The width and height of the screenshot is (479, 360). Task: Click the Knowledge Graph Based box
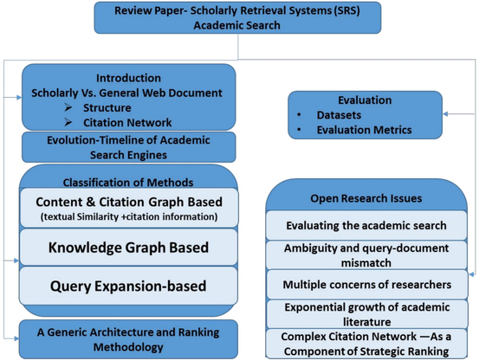128,247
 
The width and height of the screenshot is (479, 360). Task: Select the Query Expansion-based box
128,286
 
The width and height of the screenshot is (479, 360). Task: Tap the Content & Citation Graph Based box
129,208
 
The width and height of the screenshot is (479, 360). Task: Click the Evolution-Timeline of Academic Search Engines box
128,147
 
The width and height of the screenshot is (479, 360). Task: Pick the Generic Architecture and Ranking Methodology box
128,339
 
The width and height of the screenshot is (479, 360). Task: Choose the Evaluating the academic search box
366,225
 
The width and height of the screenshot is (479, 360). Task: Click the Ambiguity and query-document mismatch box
366,255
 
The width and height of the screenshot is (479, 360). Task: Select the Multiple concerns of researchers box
367,285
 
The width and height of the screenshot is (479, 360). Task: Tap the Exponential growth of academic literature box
367,314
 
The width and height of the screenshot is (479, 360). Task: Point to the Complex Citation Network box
366,344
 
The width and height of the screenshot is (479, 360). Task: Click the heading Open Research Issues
366,198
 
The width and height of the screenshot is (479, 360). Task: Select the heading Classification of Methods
128,183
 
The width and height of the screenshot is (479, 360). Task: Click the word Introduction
128,78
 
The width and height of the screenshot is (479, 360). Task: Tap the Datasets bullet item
339,115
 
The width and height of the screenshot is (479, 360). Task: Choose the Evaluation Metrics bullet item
364,130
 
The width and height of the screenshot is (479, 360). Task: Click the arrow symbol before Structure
68,107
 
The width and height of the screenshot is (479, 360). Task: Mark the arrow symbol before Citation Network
68,122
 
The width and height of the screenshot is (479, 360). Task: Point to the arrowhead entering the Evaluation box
445,114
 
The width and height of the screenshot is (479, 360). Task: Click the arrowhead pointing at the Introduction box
19,98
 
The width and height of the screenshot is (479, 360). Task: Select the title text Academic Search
236,25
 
